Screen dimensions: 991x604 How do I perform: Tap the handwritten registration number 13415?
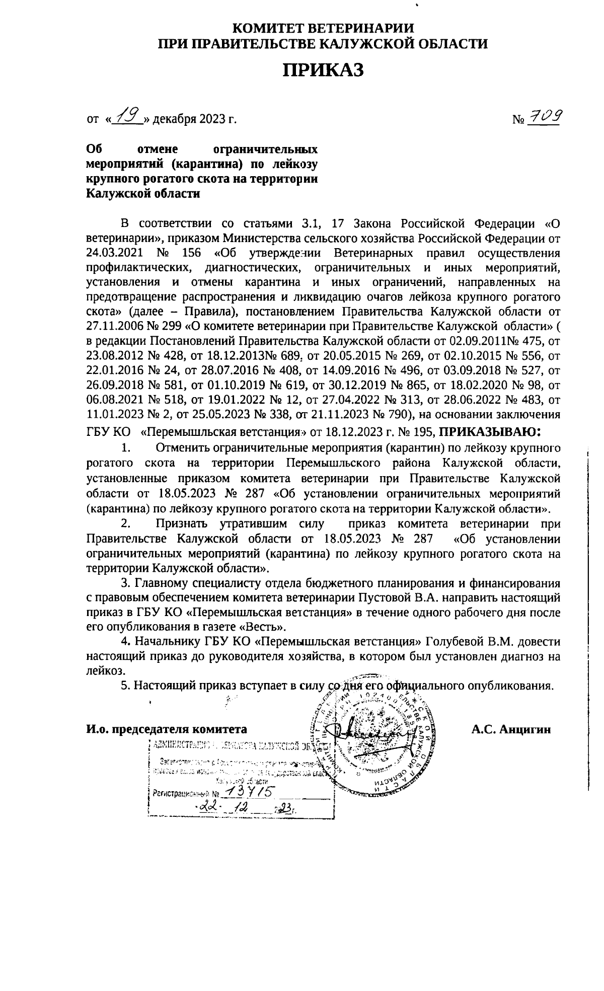249,792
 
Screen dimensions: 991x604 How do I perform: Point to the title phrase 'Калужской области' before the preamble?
143,194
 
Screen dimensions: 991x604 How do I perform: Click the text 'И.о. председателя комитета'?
167,730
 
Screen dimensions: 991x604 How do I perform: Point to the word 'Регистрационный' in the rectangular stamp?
177,793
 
